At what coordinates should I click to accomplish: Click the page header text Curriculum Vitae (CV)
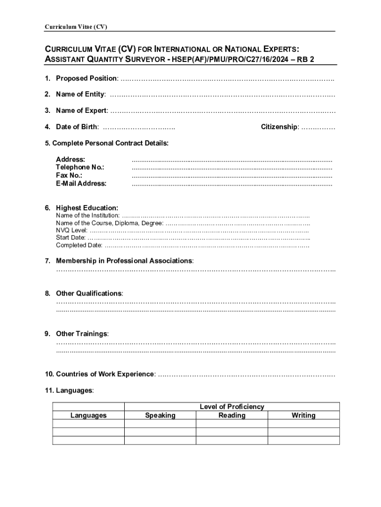click(76, 27)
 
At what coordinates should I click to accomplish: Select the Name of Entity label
click(80, 94)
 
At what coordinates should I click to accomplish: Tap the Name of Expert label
click(81, 110)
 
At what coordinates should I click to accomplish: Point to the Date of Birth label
click(77, 127)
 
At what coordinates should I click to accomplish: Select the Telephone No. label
click(80, 167)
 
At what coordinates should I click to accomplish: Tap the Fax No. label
click(69, 175)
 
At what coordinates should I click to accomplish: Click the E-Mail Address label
click(81, 183)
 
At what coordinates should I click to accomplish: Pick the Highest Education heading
click(87, 208)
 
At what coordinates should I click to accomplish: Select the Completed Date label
click(79, 245)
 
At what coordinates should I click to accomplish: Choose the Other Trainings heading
click(82, 334)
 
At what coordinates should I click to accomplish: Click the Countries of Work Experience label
click(105, 374)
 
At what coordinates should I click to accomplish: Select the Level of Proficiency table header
click(232, 406)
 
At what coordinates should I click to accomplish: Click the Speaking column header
click(160, 415)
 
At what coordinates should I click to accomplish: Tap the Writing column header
click(303, 415)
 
